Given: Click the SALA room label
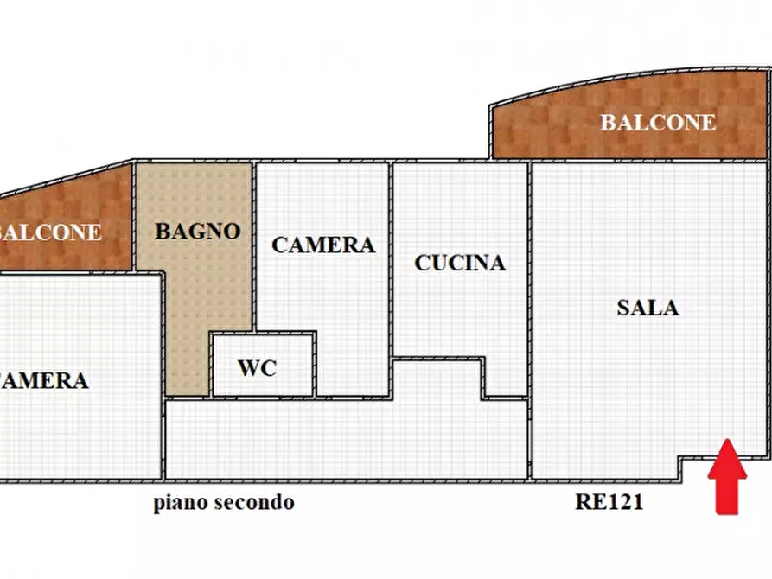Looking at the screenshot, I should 648,308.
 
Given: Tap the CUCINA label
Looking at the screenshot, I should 460,263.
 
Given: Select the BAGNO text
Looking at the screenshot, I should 196,232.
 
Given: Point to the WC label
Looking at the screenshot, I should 257,368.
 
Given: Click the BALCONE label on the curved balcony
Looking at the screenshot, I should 658,123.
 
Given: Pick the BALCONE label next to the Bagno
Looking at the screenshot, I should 52,232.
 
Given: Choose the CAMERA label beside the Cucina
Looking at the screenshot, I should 323,245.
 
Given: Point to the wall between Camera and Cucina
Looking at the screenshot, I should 391,259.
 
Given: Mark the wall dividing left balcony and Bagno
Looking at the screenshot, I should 133,216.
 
